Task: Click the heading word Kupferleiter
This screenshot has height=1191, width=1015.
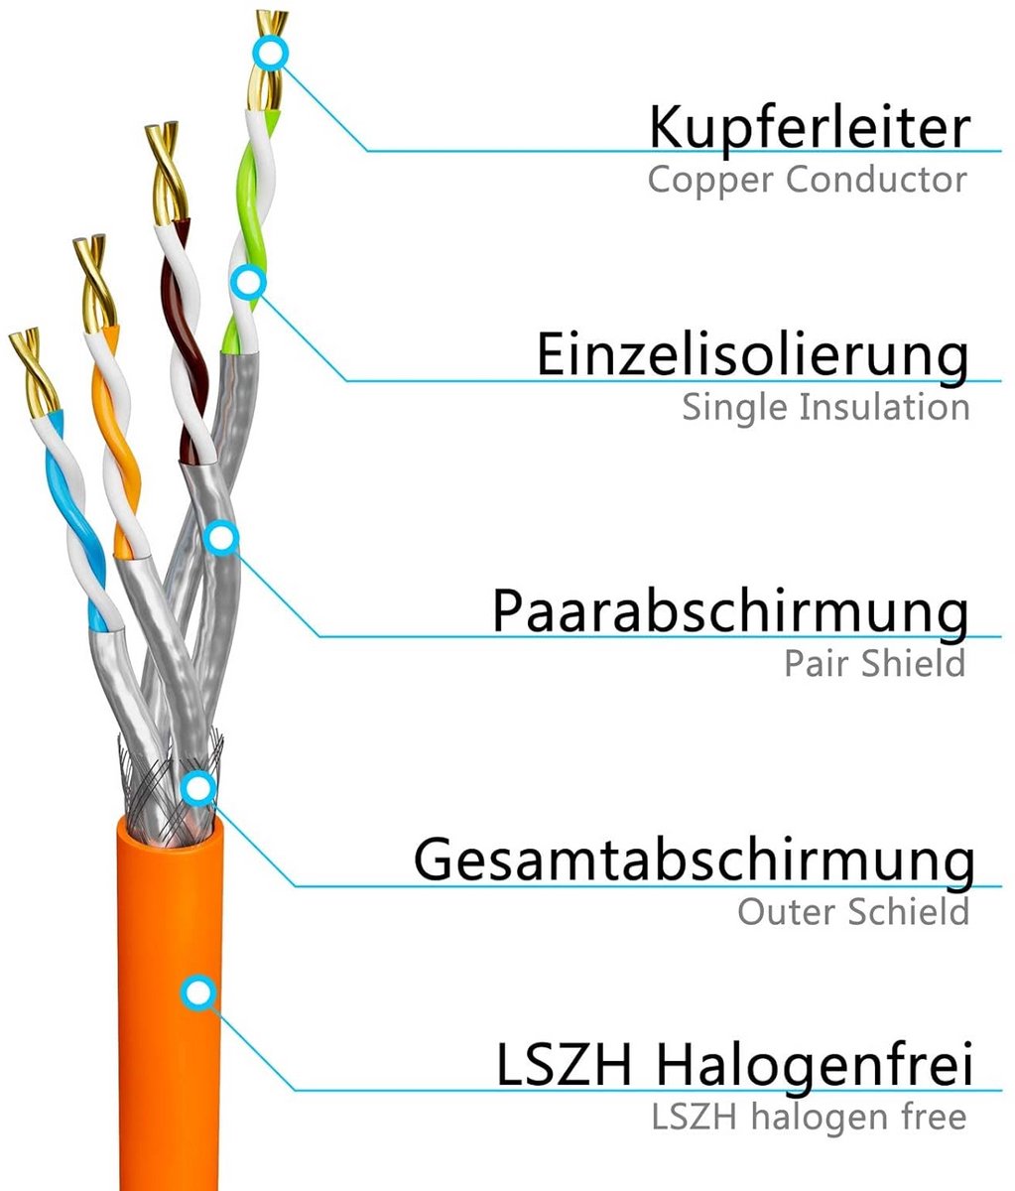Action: pyautogui.click(x=810, y=128)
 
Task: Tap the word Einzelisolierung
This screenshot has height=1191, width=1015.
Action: pyautogui.click(x=752, y=355)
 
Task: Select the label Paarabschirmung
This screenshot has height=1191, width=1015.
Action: pyautogui.click(x=730, y=611)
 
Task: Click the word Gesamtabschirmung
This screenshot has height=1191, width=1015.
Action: pyautogui.click(x=694, y=860)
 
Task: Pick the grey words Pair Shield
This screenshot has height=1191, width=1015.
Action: pyautogui.click(x=874, y=663)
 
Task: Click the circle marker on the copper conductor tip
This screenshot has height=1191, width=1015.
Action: pyautogui.click(x=270, y=54)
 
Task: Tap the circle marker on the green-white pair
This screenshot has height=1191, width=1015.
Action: pyautogui.click(x=248, y=283)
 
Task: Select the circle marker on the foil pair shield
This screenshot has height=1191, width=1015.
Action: pyautogui.click(x=221, y=538)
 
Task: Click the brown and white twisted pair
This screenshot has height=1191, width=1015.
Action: pyautogui.click(x=186, y=340)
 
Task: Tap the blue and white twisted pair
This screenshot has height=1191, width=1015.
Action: pyautogui.click(x=80, y=518)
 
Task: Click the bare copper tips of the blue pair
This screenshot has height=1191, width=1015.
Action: pyautogui.click(x=34, y=370)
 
